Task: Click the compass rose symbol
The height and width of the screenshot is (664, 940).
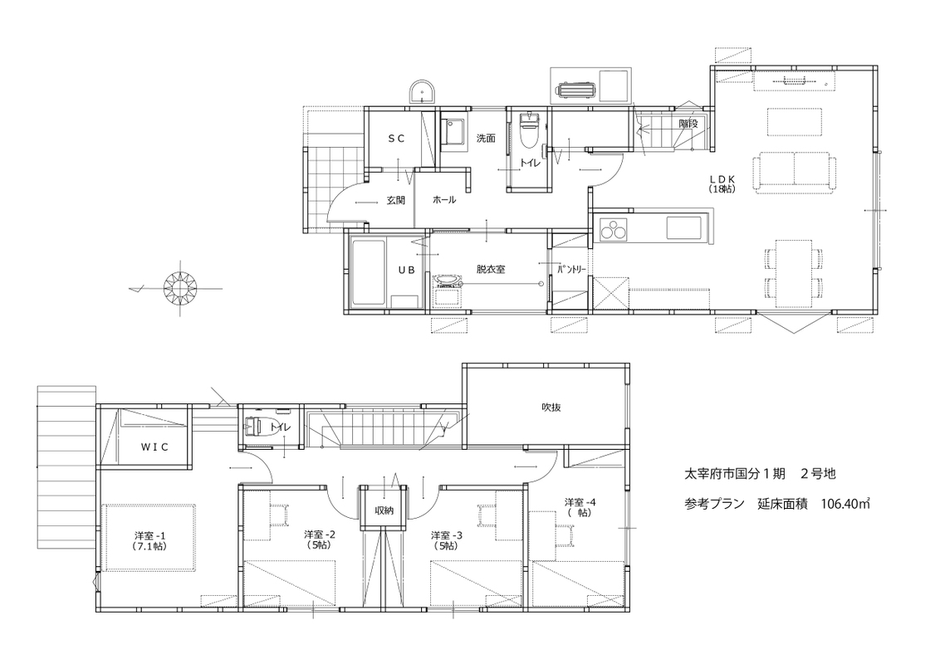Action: pyautogui.click(x=180, y=288)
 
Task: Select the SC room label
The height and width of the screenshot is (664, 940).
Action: pyautogui.click(x=396, y=139)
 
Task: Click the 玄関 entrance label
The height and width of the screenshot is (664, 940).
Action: pyautogui.click(x=395, y=200)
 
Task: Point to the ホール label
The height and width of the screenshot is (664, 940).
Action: pyautogui.click(x=444, y=200)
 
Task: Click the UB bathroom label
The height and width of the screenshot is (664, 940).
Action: pyautogui.click(x=406, y=271)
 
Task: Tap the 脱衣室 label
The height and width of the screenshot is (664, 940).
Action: pyautogui.click(x=491, y=269)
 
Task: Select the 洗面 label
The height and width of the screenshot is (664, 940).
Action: pyautogui.click(x=486, y=139)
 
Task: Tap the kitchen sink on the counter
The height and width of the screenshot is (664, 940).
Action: pyautogui.click(x=683, y=228)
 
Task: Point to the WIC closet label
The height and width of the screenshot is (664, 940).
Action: pyautogui.click(x=154, y=447)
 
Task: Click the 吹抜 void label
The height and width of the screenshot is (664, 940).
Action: pyautogui.click(x=551, y=408)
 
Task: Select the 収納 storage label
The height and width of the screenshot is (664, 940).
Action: pyautogui.click(x=384, y=510)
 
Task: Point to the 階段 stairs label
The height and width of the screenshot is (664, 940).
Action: pyautogui.click(x=688, y=124)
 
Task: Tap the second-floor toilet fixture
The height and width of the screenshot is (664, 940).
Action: pyautogui.click(x=253, y=426)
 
